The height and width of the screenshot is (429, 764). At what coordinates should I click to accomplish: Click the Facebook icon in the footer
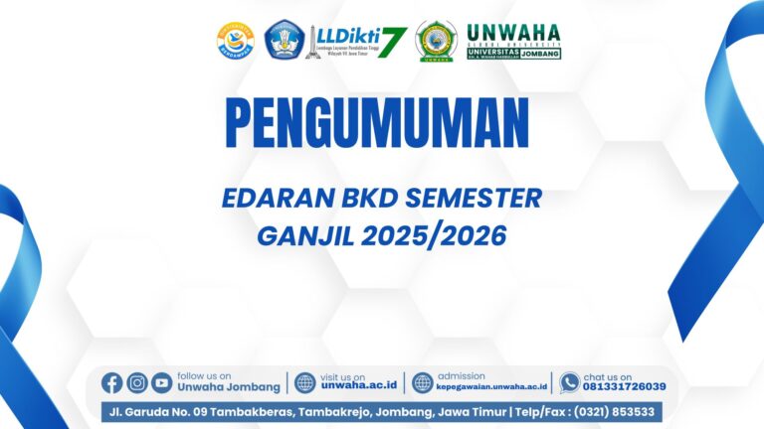tap(111, 382)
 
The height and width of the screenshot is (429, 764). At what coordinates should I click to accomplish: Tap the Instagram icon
tap(137, 382)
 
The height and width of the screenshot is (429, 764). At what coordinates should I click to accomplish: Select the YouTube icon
tap(161, 382)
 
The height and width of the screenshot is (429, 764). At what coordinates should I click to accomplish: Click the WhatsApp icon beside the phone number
tap(569, 382)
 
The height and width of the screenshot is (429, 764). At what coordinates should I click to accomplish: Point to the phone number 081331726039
tap(625, 387)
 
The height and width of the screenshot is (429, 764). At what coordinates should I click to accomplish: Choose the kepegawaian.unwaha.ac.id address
tap(491, 387)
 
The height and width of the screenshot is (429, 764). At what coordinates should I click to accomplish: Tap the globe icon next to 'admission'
tap(423, 382)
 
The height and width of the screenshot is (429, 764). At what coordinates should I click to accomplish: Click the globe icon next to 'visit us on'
tap(305, 382)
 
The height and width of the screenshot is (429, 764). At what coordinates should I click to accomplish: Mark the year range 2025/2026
tap(446, 236)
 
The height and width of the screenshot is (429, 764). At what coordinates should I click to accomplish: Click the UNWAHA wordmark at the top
tap(513, 32)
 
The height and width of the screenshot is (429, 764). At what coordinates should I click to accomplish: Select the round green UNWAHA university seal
tap(437, 42)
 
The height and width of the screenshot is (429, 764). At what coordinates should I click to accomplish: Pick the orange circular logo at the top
tap(236, 42)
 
